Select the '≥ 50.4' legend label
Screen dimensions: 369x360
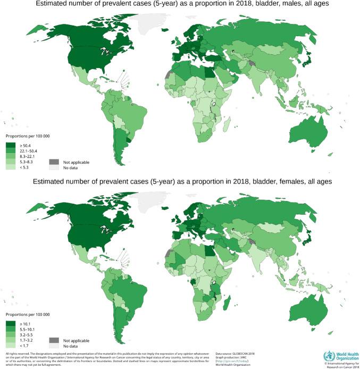click(x=26, y=144)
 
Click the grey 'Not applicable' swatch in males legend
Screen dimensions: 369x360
click(x=54, y=162)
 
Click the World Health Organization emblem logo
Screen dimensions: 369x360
click(x=328, y=356)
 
